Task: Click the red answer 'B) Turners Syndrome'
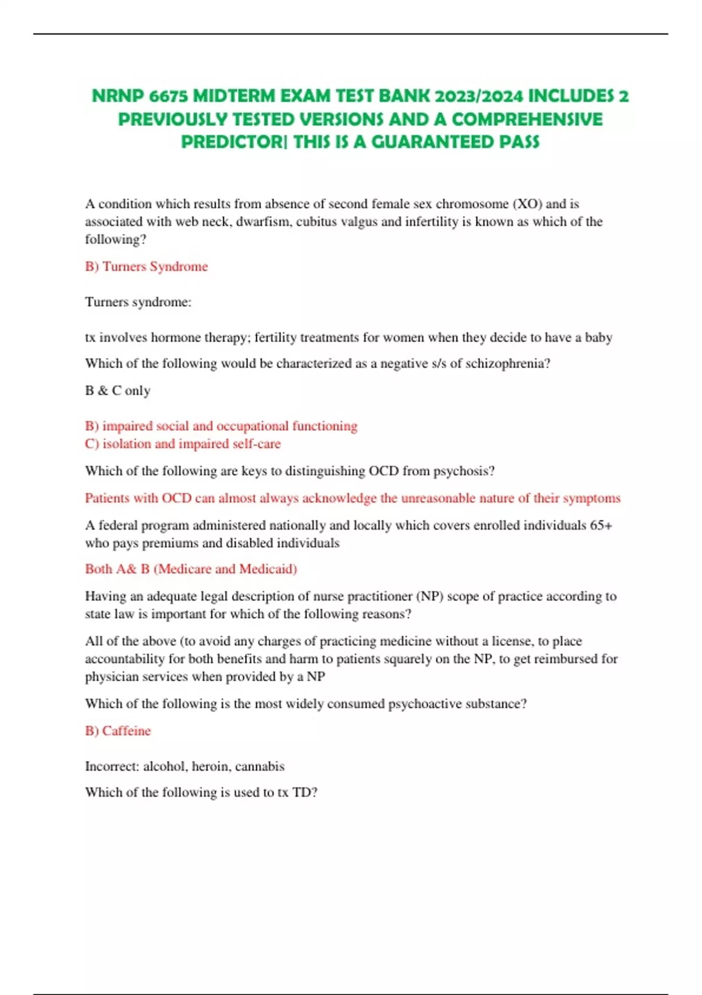pyautogui.click(x=146, y=266)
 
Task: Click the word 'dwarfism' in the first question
pyautogui.click(x=263, y=222)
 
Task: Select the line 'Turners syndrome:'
pyautogui.click(x=138, y=302)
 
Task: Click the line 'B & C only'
pyautogui.click(x=118, y=390)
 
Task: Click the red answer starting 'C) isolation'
pyautogui.click(x=183, y=444)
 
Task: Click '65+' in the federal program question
pyautogui.click(x=601, y=525)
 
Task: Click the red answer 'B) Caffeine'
pyautogui.click(x=118, y=731)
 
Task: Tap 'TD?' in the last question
pyautogui.click(x=305, y=792)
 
